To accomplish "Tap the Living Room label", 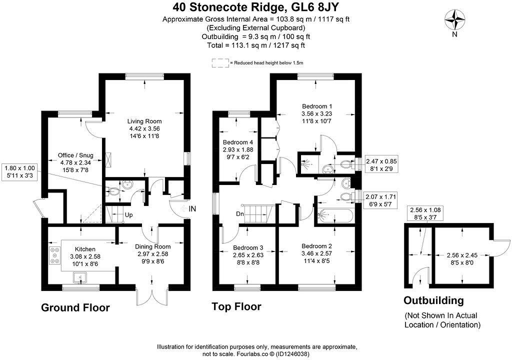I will coord(144,121).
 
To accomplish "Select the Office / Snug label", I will coord(76,155).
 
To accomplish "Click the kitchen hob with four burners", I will coord(52,255).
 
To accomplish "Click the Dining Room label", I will coord(153,246).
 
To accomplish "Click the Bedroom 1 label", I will coord(317,106).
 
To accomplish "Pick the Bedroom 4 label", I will coord(238,142).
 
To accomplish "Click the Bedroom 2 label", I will coord(317,246).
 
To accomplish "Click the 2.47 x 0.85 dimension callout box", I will coord(381,165).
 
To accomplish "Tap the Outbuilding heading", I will coord(433,300).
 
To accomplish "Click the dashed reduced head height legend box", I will coord(219,63).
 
